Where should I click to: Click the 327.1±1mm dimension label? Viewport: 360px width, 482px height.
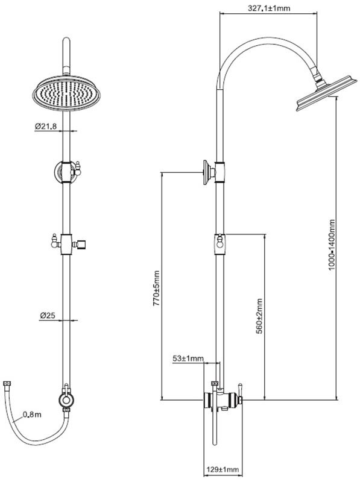click(268, 8)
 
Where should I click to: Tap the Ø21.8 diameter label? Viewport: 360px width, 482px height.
click(46, 126)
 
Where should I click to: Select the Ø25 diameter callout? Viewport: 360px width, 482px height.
click(47, 315)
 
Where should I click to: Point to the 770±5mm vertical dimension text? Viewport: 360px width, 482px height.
click(157, 288)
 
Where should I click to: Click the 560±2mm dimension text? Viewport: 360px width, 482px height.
click(259, 316)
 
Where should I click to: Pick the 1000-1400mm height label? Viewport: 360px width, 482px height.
click(332, 245)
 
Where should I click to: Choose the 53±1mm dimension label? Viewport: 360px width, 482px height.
click(188, 358)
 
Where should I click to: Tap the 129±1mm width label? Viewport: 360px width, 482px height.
click(223, 469)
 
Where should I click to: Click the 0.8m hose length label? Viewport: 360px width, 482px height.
click(32, 415)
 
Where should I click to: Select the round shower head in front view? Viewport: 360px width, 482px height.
click(66, 93)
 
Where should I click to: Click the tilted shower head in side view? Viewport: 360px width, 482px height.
click(326, 93)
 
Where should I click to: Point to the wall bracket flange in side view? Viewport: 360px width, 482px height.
click(206, 172)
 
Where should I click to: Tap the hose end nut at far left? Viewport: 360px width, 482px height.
click(7, 384)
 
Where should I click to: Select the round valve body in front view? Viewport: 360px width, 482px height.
click(66, 400)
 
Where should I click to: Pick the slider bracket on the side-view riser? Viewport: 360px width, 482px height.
click(219, 245)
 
